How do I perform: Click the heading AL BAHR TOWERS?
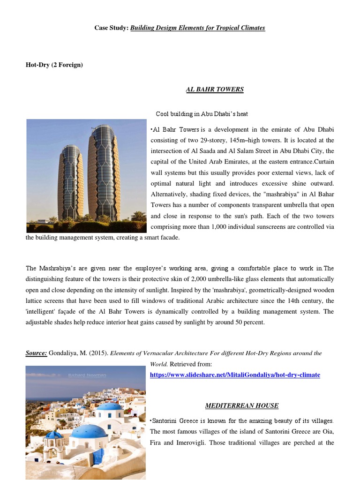coord(215,89)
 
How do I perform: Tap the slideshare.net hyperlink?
coord(235,375)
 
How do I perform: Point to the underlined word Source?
coord(36,353)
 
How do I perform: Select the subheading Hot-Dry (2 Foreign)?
coord(54,65)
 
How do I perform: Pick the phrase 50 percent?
coord(250,322)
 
